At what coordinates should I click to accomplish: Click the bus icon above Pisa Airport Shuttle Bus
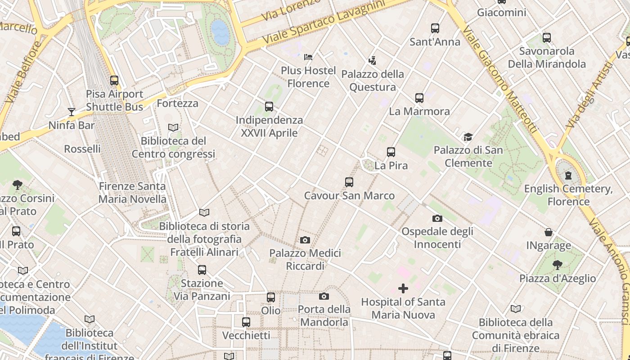[114, 81]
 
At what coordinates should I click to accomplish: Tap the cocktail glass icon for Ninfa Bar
[71, 112]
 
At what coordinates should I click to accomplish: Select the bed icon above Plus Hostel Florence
[308, 57]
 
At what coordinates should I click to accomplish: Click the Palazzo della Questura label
[373, 81]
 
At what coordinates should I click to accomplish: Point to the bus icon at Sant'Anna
[435, 28]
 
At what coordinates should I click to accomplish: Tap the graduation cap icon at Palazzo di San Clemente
[468, 137]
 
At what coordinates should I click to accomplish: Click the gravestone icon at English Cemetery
[568, 175]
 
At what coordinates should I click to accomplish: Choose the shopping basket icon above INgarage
[549, 232]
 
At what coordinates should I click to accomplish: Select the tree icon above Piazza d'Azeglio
[558, 265]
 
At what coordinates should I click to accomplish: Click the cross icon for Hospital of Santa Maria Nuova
[403, 288]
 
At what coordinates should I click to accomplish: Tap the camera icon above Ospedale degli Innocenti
[437, 218]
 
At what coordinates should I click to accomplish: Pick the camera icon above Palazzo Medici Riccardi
[305, 240]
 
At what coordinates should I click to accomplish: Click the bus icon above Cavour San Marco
[349, 182]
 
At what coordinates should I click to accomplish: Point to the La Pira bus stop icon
[391, 152]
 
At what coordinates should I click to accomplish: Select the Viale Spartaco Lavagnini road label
[324, 22]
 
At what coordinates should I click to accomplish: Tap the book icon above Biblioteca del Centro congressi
[173, 128]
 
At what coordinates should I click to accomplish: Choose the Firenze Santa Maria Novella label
[132, 193]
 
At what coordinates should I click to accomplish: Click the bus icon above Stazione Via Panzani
[202, 270]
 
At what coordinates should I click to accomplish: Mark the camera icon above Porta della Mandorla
[324, 296]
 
